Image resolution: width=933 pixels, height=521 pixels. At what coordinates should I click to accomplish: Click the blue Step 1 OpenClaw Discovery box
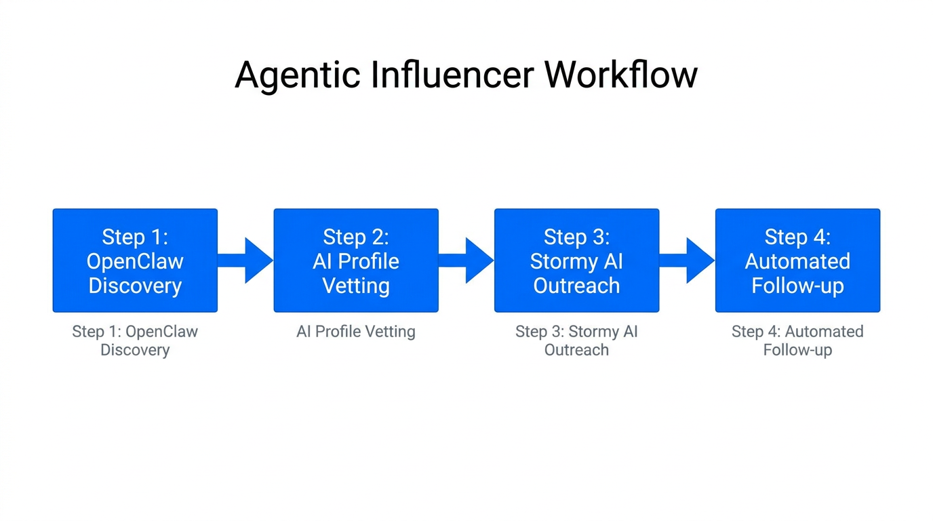135,260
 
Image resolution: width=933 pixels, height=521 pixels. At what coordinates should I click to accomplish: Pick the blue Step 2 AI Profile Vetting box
356,260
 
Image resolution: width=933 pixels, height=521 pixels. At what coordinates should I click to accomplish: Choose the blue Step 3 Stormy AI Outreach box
576,260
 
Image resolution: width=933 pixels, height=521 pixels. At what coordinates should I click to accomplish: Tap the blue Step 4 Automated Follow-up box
797,260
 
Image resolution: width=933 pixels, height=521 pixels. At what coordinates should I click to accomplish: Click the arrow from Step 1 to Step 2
245,260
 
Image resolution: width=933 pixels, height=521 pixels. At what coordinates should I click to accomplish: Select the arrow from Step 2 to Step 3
466,260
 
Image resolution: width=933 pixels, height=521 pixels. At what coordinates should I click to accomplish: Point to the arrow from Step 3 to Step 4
687,260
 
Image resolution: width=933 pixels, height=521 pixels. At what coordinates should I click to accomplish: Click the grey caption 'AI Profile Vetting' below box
356,332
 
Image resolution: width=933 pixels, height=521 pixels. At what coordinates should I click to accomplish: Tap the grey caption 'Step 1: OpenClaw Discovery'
135,341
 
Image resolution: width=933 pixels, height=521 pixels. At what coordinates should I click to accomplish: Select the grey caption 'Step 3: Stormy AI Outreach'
576,341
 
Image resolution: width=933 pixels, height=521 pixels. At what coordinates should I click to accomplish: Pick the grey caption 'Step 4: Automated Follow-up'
797,341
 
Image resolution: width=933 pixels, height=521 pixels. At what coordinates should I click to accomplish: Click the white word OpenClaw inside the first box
135,261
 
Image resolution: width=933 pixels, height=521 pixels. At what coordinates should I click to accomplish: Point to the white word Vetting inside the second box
356,286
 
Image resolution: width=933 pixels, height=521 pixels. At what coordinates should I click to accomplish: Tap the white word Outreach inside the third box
576,286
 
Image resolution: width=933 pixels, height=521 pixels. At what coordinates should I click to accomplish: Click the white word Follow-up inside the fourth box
797,286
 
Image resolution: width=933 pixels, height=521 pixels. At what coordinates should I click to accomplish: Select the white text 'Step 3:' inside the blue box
576,237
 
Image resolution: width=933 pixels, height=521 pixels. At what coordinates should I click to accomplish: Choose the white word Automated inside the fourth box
797,261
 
